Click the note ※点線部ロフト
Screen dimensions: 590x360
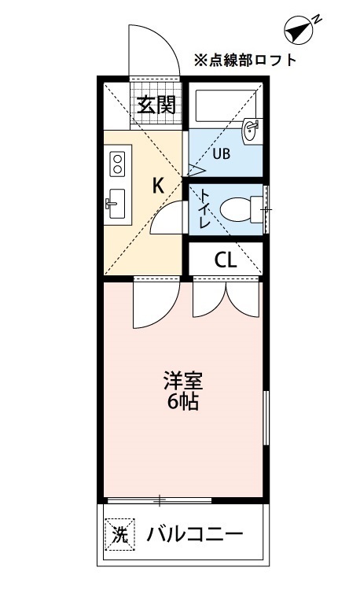pyautogui.click(x=245, y=59)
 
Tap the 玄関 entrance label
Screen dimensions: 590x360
pyautogui.click(x=156, y=104)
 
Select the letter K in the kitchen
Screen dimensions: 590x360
pyautogui.click(x=158, y=186)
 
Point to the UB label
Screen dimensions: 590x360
pyautogui.click(x=220, y=153)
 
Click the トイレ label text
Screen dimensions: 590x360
pyautogui.click(x=204, y=208)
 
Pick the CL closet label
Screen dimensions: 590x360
pyautogui.click(x=226, y=260)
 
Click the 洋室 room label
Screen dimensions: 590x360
pyautogui.click(x=184, y=382)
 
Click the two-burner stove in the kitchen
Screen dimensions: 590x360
pyautogui.click(x=117, y=164)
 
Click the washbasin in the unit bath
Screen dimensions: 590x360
pyautogui.click(x=252, y=131)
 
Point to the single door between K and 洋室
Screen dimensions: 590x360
pyautogui.click(x=153, y=303)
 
